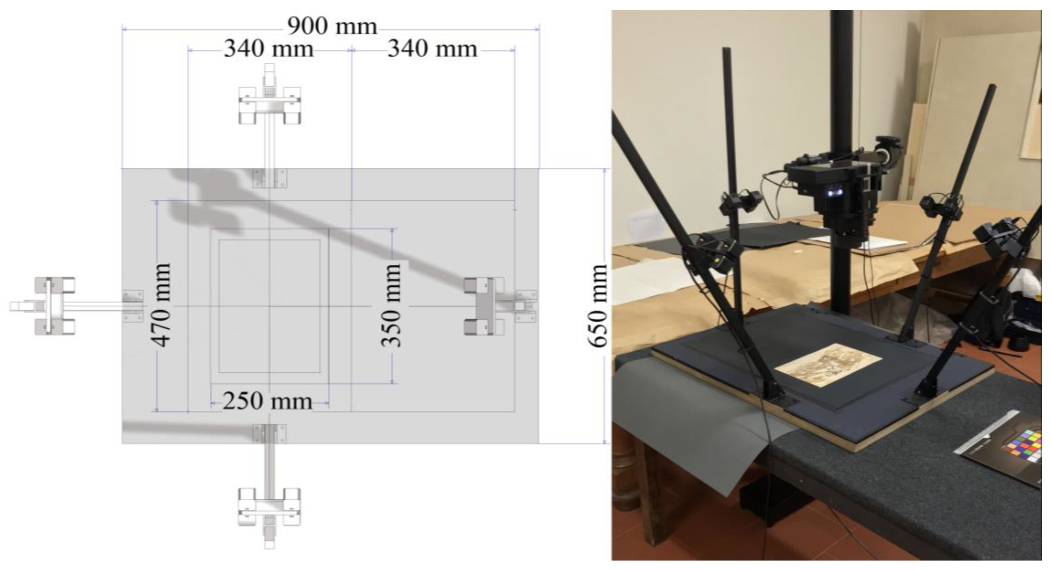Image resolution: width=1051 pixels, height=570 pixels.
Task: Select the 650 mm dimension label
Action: [598, 306]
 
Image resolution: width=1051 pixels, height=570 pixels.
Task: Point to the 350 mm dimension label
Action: [391, 305]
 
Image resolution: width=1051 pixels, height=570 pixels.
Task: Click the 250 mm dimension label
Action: [268, 402]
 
